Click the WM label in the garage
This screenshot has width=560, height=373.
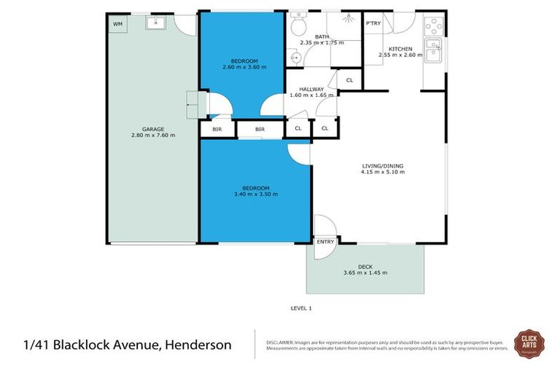click(117, 24)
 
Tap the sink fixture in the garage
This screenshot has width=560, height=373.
click(156, 23)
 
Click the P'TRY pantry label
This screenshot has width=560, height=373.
click(373, 24)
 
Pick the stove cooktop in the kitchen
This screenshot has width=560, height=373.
click(432, 27)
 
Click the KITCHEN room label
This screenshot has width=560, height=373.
click(400, 48)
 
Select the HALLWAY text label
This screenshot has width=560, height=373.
click(311, 89)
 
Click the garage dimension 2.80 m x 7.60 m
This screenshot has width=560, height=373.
click(153, 135)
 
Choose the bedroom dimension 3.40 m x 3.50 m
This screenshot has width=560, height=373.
click(255, 194)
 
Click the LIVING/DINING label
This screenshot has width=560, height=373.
click(382, 166)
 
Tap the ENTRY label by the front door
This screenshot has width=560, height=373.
click(325, 242)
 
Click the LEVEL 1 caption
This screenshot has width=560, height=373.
click(300, 308)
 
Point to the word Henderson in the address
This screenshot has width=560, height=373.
click(196, 345)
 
